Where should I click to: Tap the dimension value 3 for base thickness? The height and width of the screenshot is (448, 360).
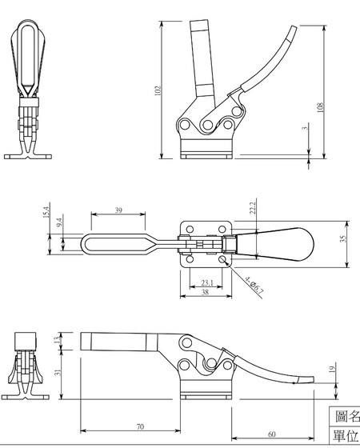pyautogui.click(x=305, y=127)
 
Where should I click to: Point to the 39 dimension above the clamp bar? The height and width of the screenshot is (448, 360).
pyautogui.click(x=119, y=210)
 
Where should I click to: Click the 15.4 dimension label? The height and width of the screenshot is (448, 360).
pyautogui.click(x=46, y=214)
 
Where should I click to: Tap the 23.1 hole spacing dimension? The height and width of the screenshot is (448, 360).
pyautogui.click(x=206, y=282)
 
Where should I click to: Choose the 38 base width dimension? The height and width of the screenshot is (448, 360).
pyautogui.click(x=206, y=294)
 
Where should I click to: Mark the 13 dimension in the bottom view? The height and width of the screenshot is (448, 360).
pyautogui.click(x=57, y=340)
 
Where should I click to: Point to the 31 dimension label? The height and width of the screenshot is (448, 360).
pyautogui.click(x=57, y=372)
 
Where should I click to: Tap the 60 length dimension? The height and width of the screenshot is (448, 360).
pyautogui.click(x=271, y=434)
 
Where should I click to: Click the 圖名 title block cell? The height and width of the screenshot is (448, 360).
pyautogui.click(x=346, y=417)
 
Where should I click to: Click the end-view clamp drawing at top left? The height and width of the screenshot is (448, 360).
pyautogui.click(x=28, y=88)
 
